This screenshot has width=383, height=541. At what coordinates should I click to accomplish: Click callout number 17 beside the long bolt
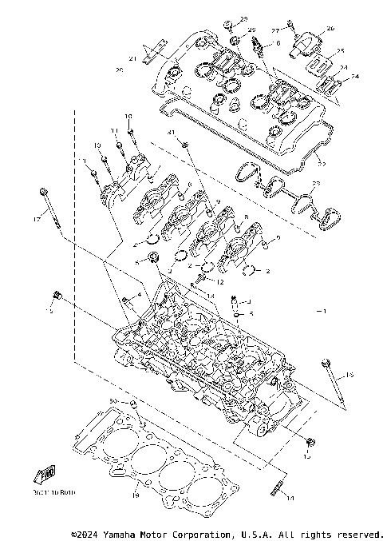pyautogui.click(x=37, y=218)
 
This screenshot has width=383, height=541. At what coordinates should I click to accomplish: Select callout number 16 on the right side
pyautogui.click(x=349, y=373)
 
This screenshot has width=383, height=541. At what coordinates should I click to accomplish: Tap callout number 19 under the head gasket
pyautogui.click(x=135, y=495)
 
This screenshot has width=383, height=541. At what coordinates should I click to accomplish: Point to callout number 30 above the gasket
pyautogui.click(x=113, y=400)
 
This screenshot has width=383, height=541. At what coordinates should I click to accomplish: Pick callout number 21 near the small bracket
pyautogui.click(x=134, y=58)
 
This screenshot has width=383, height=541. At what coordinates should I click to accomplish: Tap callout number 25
pyautogui.click(x=340, y=50)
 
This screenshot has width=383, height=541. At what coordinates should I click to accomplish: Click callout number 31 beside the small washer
pyautogui.click(x=170, y=130)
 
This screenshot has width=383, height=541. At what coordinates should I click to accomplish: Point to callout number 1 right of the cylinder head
pyautogui.click(x=322, y=309)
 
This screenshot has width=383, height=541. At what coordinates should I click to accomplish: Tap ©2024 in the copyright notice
pyautogui.click(x=85, y=533)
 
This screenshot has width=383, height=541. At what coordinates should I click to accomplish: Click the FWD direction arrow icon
pyautogui.click(x=45, y=474)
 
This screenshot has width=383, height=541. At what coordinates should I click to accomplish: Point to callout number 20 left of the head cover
pyautogui.click(x=119, y=70)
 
